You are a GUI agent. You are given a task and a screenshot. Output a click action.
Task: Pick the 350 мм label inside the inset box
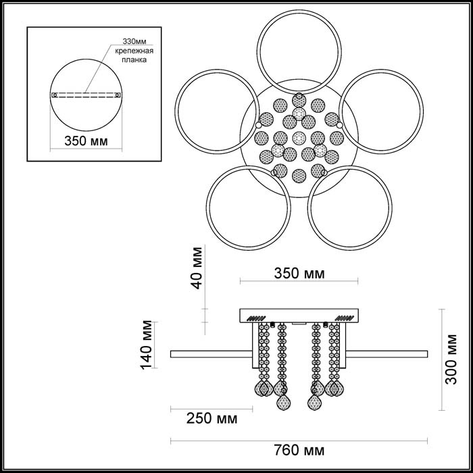point(84,143)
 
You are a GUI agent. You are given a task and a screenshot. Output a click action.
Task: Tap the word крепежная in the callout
point(132,51)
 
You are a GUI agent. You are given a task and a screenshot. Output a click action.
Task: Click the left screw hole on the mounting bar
point(54,95)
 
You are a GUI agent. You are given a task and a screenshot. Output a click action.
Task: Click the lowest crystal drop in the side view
point(282,403)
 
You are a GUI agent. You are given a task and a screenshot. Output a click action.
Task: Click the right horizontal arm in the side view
point(389,353)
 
